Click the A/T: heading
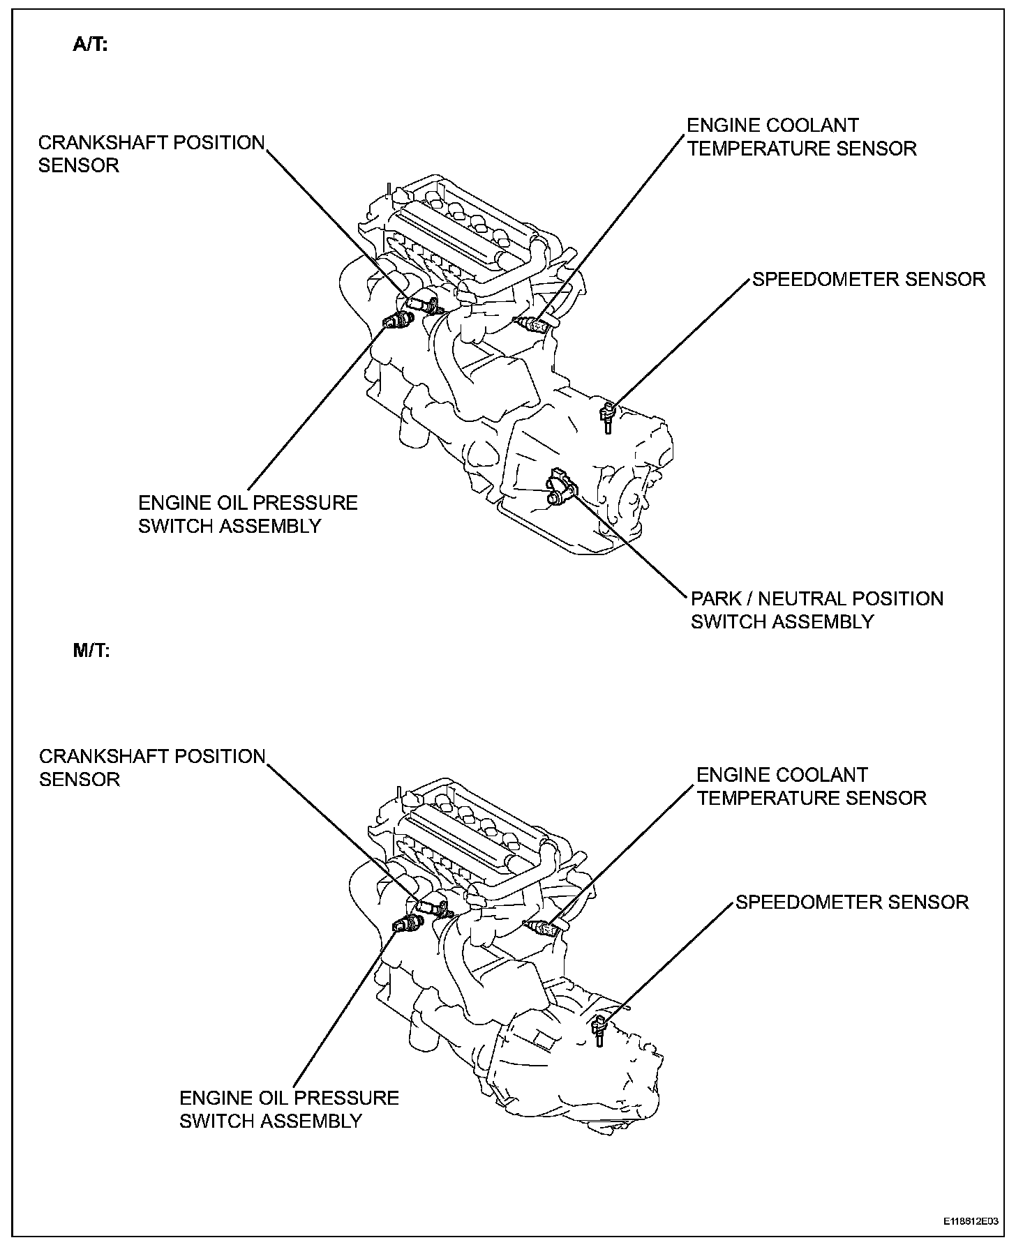pyautogui.click(x=90, y=46)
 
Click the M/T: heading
pyautogui.click(x=91, y=651)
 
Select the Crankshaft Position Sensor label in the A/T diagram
pyautogui.click(x=151, y=153)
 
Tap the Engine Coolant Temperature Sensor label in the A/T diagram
pyautogui.click(x=801, y=137)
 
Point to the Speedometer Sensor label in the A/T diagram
pyautogui.click(x=868, y=280)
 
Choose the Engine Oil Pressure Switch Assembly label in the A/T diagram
pyautogui.click(x=248, y=514)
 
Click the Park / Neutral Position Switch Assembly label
pyautogui.click(x=816, y=610)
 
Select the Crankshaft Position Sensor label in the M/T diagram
pyautogui.click(x=152, y=767)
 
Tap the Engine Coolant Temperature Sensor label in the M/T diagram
pyautogui.click(x=811, y=786)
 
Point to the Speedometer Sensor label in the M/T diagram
pyautogui.click(x=852, y=902)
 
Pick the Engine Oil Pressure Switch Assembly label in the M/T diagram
pyautogui.click(x=289, y=1109)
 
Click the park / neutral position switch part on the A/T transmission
pyautogui.click(x=561, y=486)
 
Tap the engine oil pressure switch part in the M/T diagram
pyautogui.click(x=407, y=925)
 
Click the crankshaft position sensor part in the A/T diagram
pyautogui.click(x=424, y=303)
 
